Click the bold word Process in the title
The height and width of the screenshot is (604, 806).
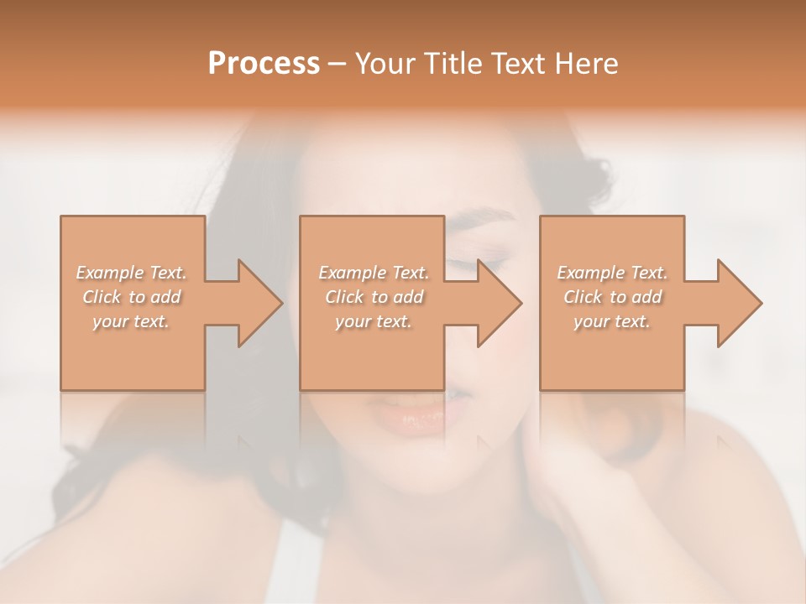coord(264,64)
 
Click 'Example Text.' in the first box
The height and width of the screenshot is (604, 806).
coord(132,273)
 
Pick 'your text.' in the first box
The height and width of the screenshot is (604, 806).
coord(132,321)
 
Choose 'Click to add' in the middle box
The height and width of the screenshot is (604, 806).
coord(374,297)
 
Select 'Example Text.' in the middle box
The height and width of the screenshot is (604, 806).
coord(374,273)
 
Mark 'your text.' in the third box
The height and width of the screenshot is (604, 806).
coord(612,321)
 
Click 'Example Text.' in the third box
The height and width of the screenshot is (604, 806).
coord(612,273)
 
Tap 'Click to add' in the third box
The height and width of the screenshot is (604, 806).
coord(612,297)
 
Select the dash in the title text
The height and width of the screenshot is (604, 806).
coord(338,65)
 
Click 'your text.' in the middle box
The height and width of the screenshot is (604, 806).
coord(374,321)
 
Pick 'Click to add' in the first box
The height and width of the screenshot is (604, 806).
coord(132,297)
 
